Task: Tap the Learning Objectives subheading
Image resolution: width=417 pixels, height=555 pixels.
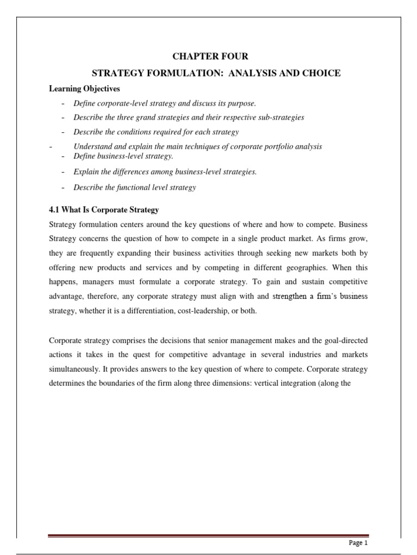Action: click(84, 88)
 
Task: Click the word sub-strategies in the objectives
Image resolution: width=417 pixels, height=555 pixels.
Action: click(280, 117)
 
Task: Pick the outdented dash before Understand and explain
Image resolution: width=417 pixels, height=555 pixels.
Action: click(50, 146)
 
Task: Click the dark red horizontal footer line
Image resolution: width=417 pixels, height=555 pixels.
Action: click(208, 536)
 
